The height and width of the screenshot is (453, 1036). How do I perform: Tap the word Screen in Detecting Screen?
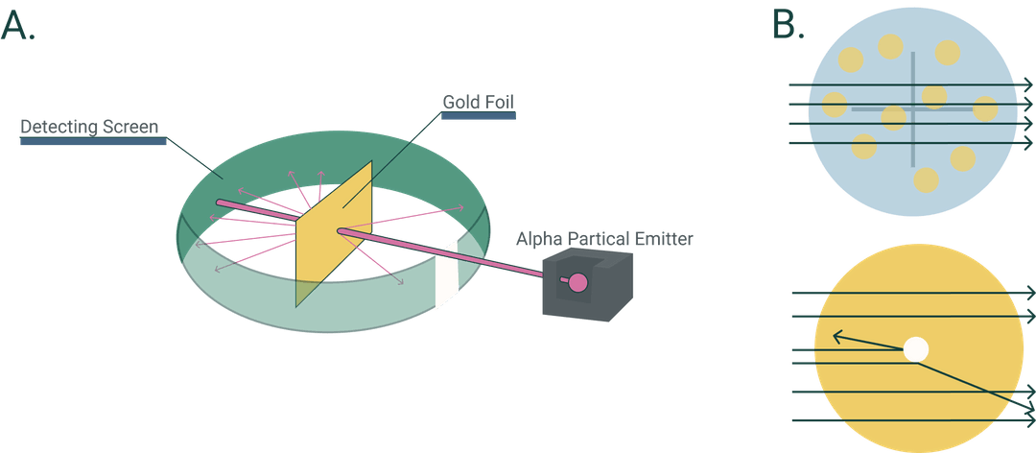click(129, 126)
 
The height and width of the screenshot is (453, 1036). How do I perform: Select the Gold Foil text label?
click(478, 102)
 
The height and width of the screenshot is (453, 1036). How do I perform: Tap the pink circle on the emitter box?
click(577, 282)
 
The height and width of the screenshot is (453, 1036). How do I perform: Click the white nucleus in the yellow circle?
click(916, 349)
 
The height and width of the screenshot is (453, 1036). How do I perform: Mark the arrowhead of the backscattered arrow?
click(836, 336)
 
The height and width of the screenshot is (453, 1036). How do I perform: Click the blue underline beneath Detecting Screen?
click(93, 141)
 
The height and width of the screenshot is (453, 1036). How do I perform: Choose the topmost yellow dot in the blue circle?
click(890, 46)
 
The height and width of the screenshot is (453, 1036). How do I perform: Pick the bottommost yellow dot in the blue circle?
click(926, 179)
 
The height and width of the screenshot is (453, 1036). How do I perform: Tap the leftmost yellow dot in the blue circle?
click(835, 104)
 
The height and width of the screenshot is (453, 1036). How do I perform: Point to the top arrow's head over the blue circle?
click(1028, 86)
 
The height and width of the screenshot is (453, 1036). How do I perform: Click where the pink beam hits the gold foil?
click(341, 230)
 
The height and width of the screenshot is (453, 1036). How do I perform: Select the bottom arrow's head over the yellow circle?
click(1029, 419)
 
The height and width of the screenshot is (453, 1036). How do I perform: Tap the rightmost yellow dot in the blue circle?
click(985, 108)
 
